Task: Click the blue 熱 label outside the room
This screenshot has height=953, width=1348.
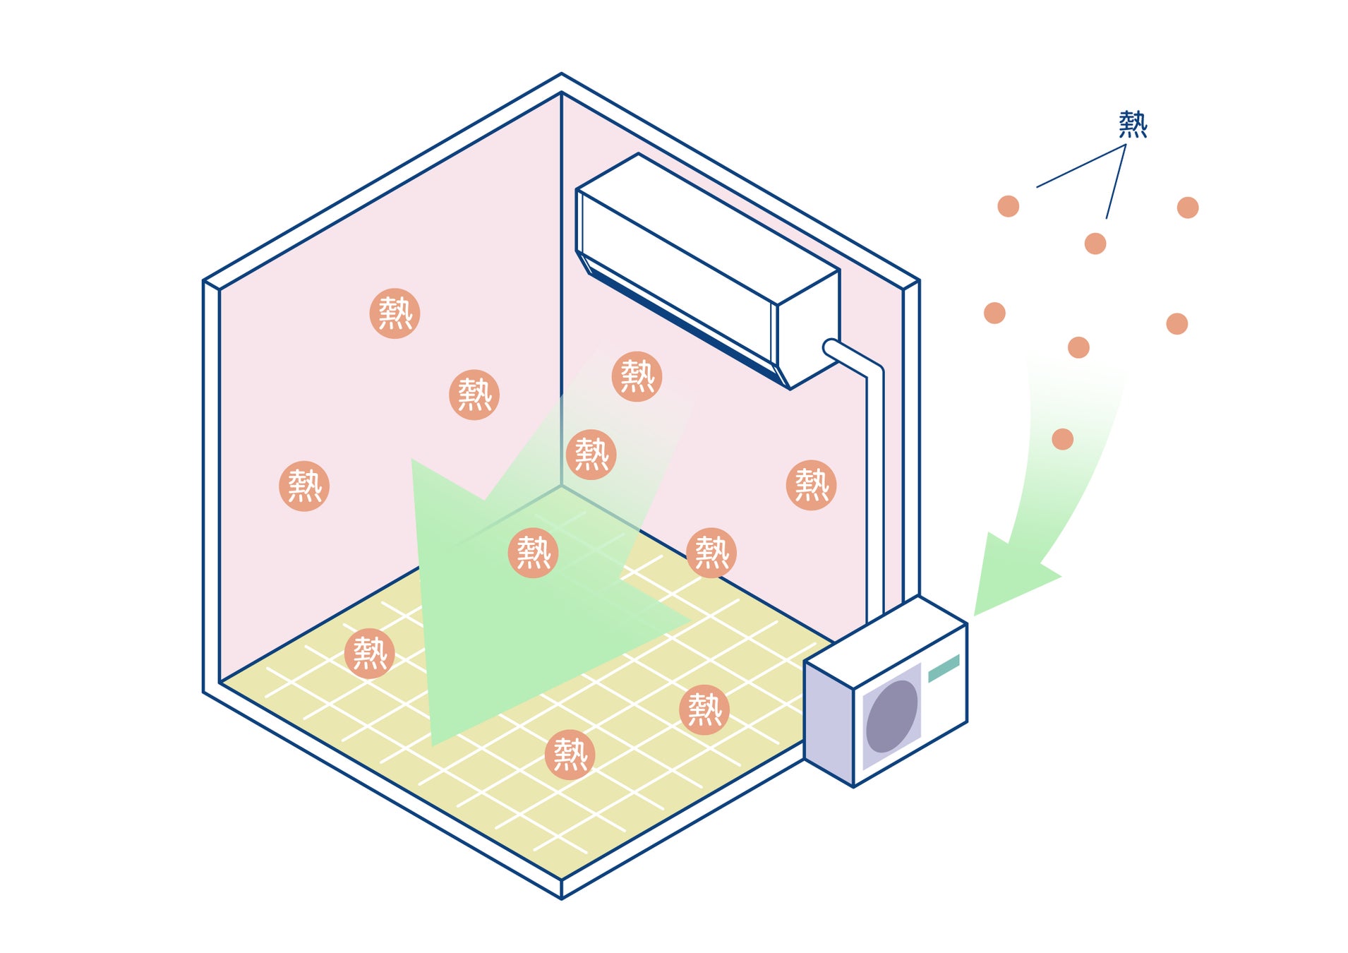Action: point(1132,124)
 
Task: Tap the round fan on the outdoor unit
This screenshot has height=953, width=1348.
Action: point(891,715)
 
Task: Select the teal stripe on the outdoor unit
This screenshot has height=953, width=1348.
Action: point(944,668)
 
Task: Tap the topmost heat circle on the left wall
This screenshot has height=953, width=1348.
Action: point(395,313)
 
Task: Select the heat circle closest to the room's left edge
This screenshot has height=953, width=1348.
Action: point(304,486)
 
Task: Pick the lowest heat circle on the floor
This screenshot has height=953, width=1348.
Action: point(570,755)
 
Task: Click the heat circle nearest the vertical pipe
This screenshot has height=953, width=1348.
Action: point(811,485)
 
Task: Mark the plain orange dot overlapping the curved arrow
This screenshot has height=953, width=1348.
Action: point(1062,439)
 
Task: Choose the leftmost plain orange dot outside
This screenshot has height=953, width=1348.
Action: point(994,313)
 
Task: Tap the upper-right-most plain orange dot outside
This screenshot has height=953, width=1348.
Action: point(1188,208)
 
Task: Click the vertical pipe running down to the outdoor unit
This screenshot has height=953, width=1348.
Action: point(875,494)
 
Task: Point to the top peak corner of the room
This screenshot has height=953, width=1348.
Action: point(561,74)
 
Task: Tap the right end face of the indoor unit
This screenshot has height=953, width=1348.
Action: point(809,329)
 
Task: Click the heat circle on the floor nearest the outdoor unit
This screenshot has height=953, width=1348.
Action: point(704,709)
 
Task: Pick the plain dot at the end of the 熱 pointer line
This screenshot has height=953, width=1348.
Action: point(1095,244)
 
